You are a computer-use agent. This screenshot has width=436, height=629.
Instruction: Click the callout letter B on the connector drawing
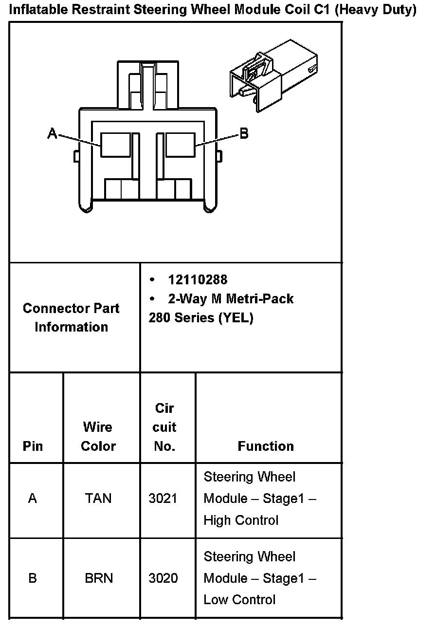(244, 133)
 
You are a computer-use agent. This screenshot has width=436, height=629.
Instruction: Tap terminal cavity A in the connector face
(115, 145)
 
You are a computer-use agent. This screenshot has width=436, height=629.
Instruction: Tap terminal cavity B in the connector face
(180, 145)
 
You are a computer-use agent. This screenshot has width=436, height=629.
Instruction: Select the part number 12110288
(198, 280)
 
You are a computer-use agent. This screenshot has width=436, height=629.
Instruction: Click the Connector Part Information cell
(71, 317)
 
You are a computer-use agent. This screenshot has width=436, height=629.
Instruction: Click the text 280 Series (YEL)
(201, 318)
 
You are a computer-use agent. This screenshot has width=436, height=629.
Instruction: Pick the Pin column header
(33, 446)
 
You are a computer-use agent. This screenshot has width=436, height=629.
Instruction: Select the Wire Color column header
(98, 437)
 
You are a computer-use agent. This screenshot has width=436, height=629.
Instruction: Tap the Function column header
(266, 446)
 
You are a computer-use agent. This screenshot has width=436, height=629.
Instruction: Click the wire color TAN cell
(98, 499)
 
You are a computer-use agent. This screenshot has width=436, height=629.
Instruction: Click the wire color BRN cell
(99, 578)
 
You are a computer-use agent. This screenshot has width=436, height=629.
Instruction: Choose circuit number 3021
(163, 499)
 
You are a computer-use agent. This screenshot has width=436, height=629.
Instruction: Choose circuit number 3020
(163, 578)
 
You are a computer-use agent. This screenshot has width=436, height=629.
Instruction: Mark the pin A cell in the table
(33, 499)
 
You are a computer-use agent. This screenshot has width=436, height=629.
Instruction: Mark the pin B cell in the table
(33, 578)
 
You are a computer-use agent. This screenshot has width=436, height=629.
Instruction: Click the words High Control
(241, 520)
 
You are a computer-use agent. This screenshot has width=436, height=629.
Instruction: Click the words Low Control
(239, 600)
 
